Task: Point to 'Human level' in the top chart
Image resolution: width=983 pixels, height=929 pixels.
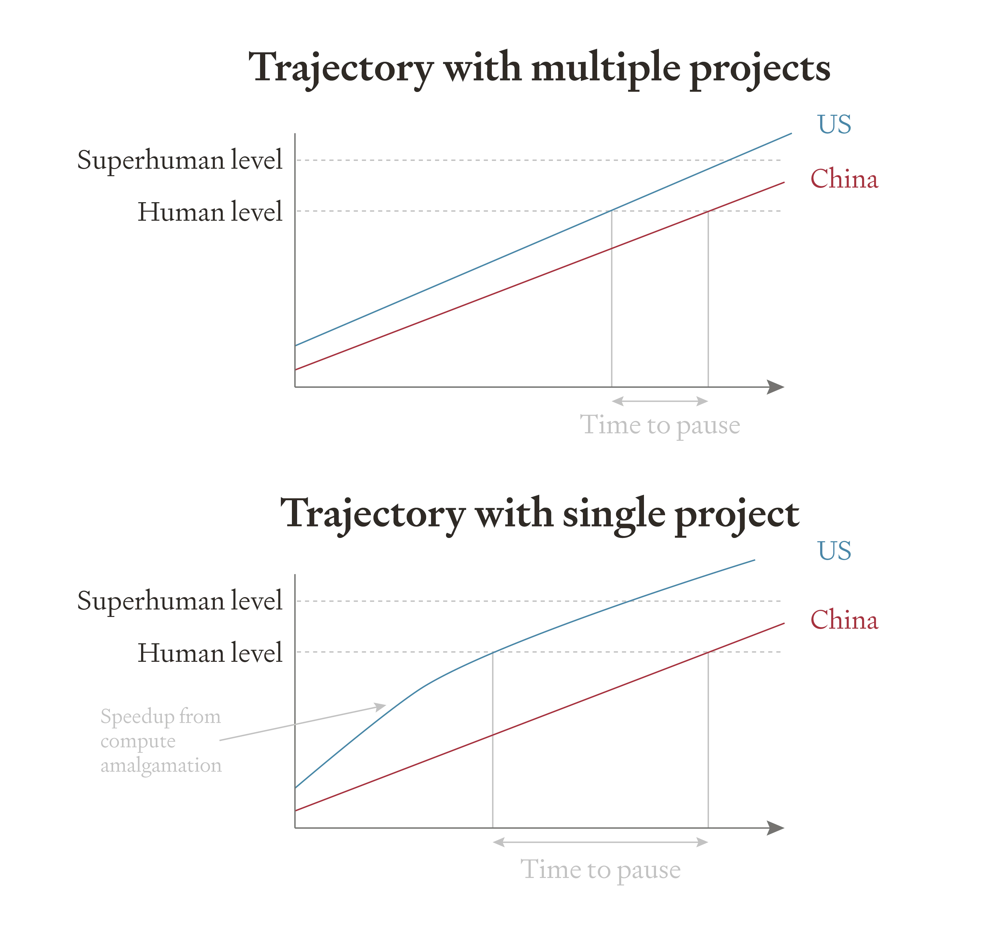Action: coord(210,212)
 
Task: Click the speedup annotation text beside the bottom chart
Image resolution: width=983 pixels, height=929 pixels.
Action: coord(161,741)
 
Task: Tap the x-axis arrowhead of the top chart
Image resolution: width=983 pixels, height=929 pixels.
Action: coord(776,387)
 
